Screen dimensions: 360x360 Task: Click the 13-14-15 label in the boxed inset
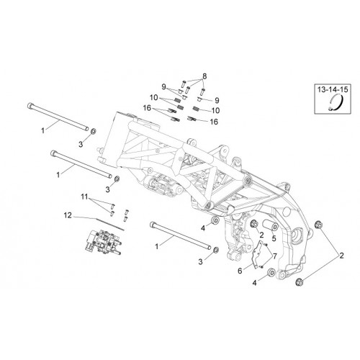pyautogui.click(x=333, y=90)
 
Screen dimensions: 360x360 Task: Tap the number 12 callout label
pyautogui.click(x=68, y=215)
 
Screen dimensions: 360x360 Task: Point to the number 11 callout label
pyautogui.click(x=84, y=197)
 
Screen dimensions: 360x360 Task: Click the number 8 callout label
pyautogui.click(x=204, y=76)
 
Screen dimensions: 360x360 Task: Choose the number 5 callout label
pyautogui.click(x=274, y=238)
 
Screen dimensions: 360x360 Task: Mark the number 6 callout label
pyautogui.click(x=240, y=271)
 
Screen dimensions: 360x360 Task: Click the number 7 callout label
pyautogui.click(x=274, y=256)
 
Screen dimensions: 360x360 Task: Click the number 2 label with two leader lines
pyautogui.click(x=341, y=256)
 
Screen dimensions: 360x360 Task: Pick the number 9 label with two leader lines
pyautogui.click(x=163, y=87)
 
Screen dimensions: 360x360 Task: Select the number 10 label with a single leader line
pyautogui.click(x=215, y=110)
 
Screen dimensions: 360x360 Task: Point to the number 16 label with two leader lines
pyautogui.click(x=147, y=108)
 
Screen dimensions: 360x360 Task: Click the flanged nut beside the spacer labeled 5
pyautogui.click(x=253, y=224)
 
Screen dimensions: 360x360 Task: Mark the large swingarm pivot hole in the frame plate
pyautogui.click(x=298, y=235)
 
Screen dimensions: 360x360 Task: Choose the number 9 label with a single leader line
pyautogui.click(x=217, y=100)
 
